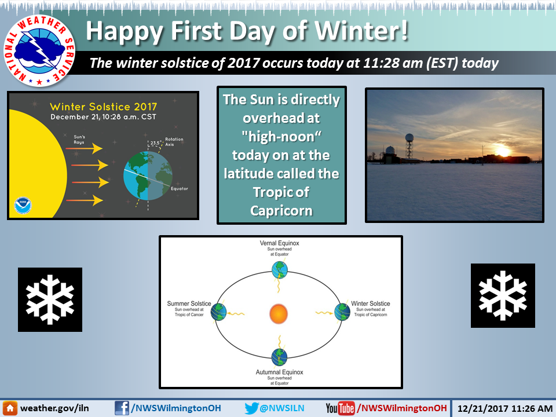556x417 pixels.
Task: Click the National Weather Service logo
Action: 39,51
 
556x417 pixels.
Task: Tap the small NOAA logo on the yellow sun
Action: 23,206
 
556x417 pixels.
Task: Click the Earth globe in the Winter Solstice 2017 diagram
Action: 148,175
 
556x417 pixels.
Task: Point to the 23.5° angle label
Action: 155,143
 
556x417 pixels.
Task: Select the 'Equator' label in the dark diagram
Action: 180,189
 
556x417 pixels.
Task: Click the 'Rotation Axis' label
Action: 174,142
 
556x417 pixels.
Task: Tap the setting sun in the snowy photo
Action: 503,151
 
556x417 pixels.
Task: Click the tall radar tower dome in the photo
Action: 409,138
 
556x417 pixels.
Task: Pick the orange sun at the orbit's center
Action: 279,314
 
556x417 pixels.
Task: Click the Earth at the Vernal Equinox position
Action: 279,270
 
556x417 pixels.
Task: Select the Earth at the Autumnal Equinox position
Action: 279,357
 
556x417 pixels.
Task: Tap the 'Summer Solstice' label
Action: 189,303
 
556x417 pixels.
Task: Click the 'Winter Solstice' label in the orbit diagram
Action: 371,303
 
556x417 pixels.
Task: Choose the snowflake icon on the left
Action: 50,299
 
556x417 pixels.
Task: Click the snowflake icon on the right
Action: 503,295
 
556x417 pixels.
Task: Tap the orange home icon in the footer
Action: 10,408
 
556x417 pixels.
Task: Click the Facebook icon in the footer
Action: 122,408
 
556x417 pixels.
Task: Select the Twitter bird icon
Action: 251,408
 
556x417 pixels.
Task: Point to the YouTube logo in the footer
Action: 341,408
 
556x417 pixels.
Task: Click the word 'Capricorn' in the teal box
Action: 281,211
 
